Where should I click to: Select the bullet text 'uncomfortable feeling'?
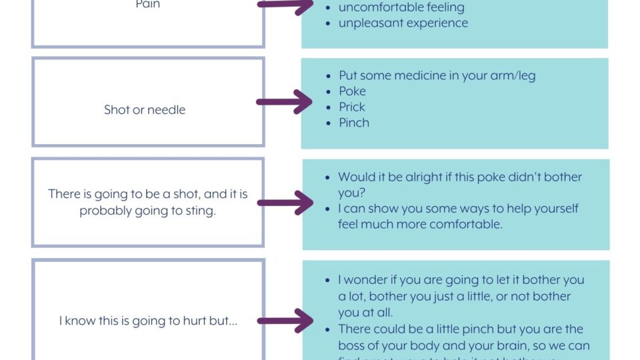pyautogui.click(x=401, y=7)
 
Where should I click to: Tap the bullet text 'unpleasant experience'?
pyautogui.click(x=403, y=23)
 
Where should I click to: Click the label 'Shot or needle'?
pyautogui.click(x=145, y=110)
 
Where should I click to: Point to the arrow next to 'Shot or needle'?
pyautogui.click(x=285, y=102)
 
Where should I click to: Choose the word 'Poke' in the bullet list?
pyautogui.click(x=352, y=91)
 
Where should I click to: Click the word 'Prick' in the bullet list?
pyautogui.click(x=352, y=107)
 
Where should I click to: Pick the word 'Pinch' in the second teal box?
pyautogui.click(x=353, y=123)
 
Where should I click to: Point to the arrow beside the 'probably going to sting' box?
pyautogui.click(x=285, y=203)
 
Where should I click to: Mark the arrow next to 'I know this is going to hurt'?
pyautogui.click(x=285, y=321)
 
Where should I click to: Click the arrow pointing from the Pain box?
pyautogui.click(x=285, y=4)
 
